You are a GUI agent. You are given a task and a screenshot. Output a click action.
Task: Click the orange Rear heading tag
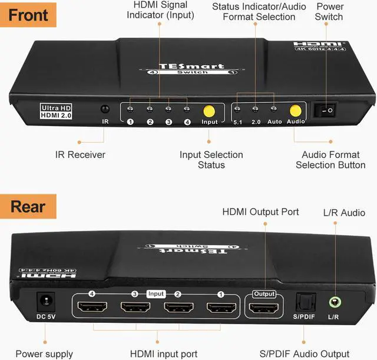click(28, 207)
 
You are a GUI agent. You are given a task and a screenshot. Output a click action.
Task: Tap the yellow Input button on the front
click(209, 111)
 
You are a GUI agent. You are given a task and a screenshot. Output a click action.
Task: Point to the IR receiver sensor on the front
click(105, 110)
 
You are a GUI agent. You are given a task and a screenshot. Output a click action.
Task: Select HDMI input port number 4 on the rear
click(93, 308)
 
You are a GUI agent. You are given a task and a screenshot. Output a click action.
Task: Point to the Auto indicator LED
click(274, 109)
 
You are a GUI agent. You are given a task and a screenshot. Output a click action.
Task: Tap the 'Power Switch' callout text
click(329, 12)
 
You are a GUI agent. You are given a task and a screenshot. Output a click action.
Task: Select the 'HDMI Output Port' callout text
click(260, 212)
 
